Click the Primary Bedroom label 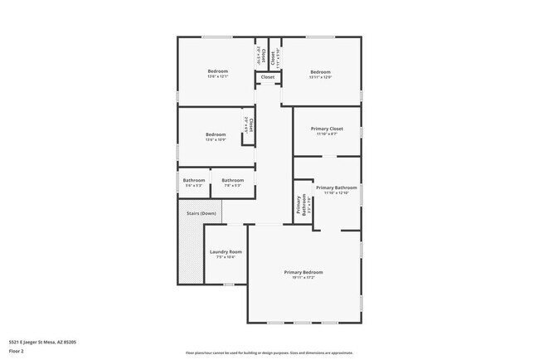(x=303, y=272)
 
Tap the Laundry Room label (x=225, y=251)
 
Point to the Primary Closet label (x=327, y=129)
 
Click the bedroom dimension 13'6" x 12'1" (x=217, y=77)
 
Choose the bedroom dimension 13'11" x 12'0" (x=320, y=77)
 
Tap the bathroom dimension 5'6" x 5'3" (x=193, y=185)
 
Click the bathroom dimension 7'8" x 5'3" (x=232, y=185)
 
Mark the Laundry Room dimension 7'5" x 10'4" (x=225, y=257)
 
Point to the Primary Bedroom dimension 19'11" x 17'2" (x=303, y=278)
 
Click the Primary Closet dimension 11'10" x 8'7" (x=327, y=134)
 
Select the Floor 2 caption (x=17, y=351)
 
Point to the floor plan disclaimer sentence (x=269, y=352)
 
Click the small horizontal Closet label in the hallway (x=267, y=77)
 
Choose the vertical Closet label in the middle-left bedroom (x=250, y=127)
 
